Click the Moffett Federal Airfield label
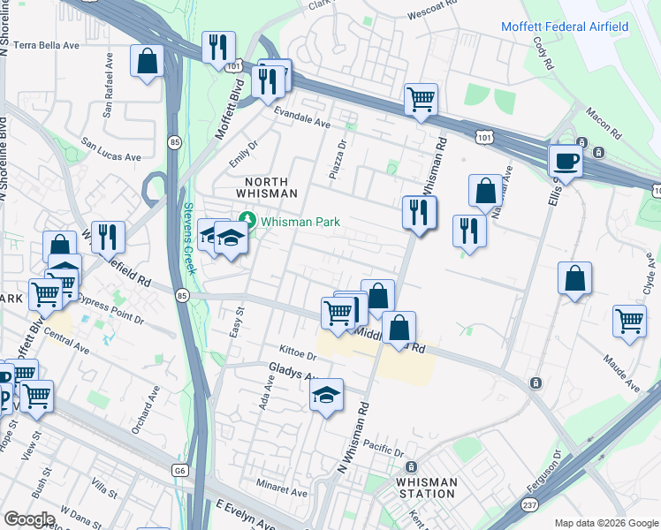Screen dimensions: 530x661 click(x=565, y=26)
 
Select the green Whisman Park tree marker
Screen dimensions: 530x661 click(x=248, y=221)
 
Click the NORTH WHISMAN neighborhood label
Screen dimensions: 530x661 click(x=265, y=187)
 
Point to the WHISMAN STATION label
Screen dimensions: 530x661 click(x=428, y=488)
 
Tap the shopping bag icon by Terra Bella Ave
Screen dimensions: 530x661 click(x=148, y=62)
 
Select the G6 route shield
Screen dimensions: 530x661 click(x=180, y=471)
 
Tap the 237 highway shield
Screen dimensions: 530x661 click(x=529, y=504)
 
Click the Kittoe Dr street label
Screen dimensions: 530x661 click(x=298, y=353)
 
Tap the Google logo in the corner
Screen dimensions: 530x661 click(x=29, y=519)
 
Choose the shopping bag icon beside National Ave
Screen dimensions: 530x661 click(x=485, y=190)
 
